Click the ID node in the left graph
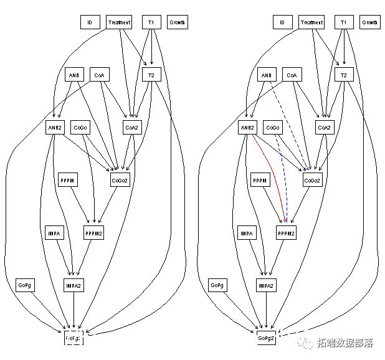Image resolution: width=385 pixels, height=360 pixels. pyautogui.click(x=90, y=22)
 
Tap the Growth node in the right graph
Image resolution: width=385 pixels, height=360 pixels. pyautogui.click(x=369, y=22)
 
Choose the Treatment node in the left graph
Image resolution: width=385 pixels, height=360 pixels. pyautogui.click(x=119, y=22)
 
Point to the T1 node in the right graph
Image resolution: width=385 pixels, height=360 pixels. pyautogui.click(x=343, y=22)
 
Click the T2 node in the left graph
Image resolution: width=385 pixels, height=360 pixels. pyautogui.click(x=151, y=75)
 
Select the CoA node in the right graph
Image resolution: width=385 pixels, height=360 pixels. pyautogui.click(x=292, y=75)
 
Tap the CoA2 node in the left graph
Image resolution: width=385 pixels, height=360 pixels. pyautogui.click(x=131, y=128)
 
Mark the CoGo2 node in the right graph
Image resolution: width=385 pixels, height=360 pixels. pyautogui.click(x=312, y=181)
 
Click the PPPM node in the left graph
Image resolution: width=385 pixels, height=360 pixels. pyautogui.click(x=67, y=181)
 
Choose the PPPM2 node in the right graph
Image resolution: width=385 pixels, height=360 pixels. pyautogui.click(x=286, y=234)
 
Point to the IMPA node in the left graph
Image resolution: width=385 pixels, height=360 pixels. pyautogui.click(x=54, y=234)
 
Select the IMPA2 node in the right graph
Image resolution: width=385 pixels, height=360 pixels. pyautogui.click(x=266, y=285)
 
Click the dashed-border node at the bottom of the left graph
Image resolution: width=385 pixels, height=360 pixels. pyautogui.click(x=74, y=338)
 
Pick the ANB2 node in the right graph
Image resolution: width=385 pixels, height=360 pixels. pyautogui.click(x=247, y=128)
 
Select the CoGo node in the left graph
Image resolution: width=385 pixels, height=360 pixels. pyautogui.click(x=80, y=128)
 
